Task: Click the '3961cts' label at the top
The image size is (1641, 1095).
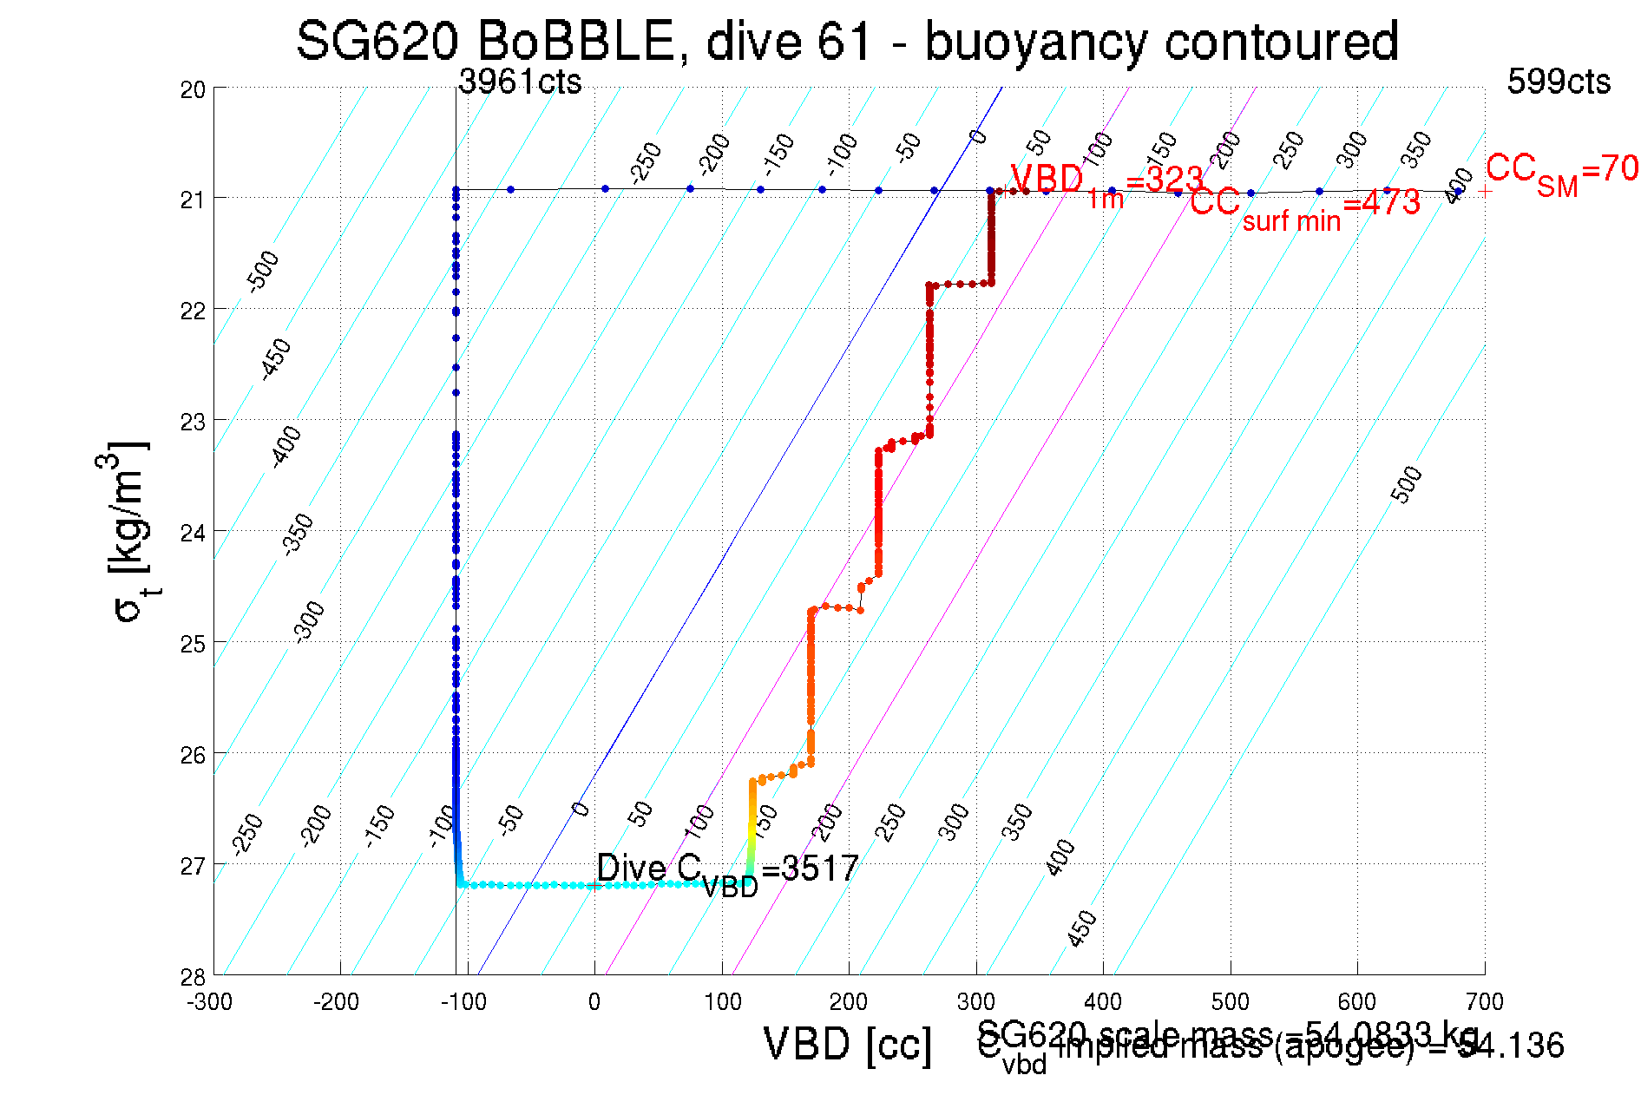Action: coord(520,82)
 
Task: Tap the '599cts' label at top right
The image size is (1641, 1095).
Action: coord(1558,82)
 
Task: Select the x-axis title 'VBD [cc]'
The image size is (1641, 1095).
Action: coord(847,1044)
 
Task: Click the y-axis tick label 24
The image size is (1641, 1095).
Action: coord(193,532)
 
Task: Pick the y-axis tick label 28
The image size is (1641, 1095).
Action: coord(193,977)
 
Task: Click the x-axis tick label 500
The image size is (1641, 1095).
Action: coord(1230,1002)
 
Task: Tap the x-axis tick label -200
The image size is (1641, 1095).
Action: coord(337,1002)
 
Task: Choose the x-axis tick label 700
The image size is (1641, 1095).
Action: coord(1484,1002)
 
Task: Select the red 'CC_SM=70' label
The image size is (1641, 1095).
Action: coord(1561,172)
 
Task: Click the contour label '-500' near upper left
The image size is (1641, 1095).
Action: coord(263,271)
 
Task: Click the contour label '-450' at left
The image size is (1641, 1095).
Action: coord(276,359)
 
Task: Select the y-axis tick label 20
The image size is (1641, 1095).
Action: coord(193,89)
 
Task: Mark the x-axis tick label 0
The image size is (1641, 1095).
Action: coord(594,1002)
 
